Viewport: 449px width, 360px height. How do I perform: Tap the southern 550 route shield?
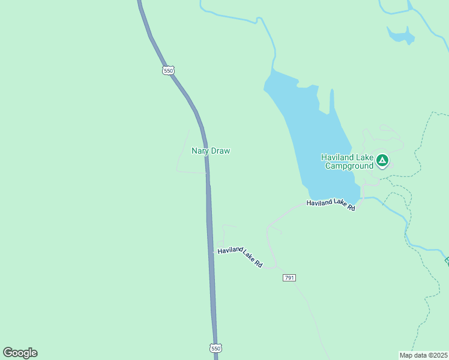[x=216, y=348]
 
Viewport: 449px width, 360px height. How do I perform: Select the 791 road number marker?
[x=289, y=278]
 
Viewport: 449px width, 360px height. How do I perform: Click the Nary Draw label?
[x=211, y=151]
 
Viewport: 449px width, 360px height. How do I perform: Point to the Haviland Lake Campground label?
[x=347, y=161]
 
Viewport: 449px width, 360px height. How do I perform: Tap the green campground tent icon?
[x=382, y=160]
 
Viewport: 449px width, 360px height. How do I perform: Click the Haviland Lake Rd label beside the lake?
[x=331, y=205]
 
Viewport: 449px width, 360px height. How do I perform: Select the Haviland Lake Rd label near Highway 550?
[x=240, y=257]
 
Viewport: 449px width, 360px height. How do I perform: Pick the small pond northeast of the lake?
[x=401, y=36]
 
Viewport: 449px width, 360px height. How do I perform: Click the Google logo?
[x=20, y=353]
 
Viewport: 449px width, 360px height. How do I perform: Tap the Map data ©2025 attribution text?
[x=424, y=355]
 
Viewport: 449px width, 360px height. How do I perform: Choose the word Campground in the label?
[x=349, y=166]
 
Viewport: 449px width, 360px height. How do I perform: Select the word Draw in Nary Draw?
[x=220, y=151]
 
